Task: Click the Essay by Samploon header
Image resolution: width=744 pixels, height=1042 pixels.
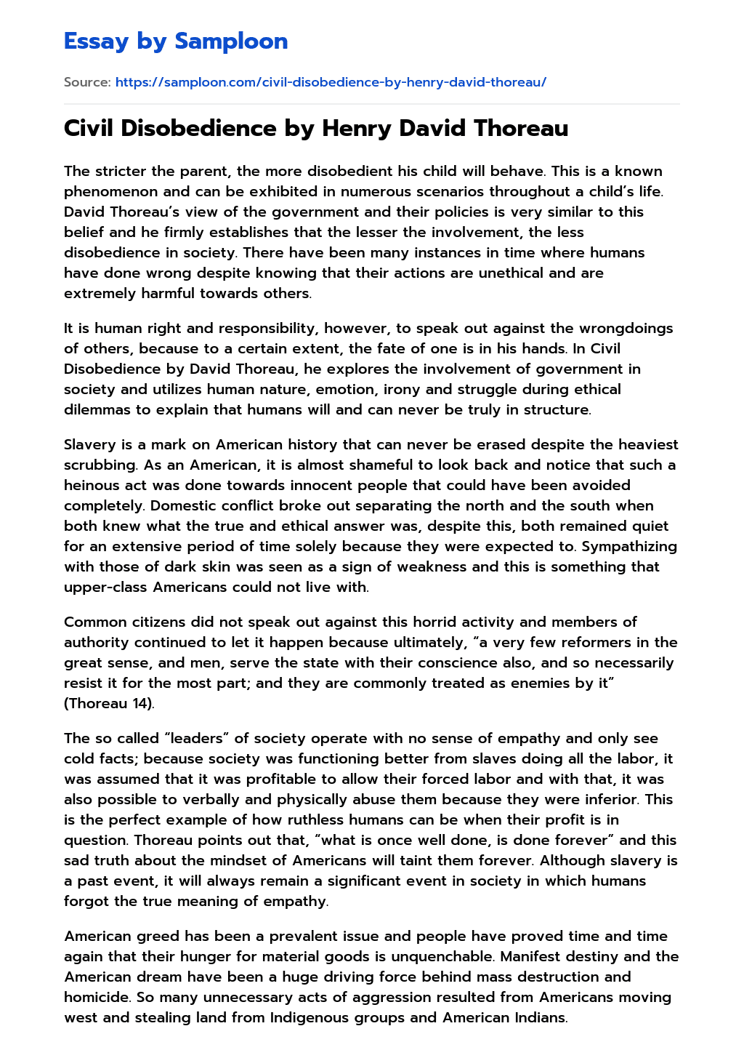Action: tap(176, 41)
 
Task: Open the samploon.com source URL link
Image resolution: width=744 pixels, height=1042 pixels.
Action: tap(331, 82)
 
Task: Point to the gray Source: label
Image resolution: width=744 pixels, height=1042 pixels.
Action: tap(87, 82)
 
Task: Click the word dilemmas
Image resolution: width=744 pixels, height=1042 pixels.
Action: tap(97, 409)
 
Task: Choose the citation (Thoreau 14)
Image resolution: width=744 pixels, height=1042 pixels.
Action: tap(109, 703)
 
